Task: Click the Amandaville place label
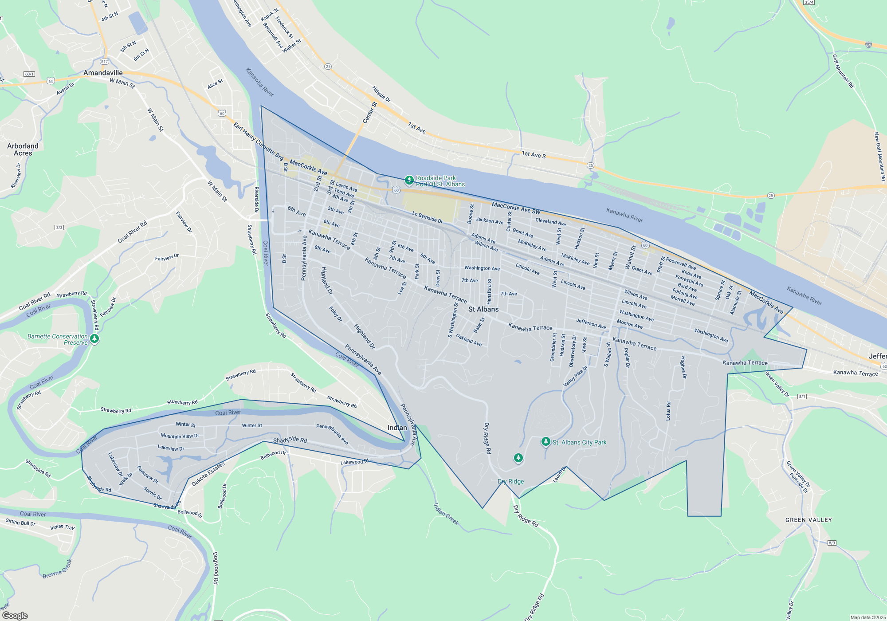[x=103, y=73]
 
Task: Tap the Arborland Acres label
[x=23, y=149]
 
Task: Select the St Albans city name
[x=483, y=309]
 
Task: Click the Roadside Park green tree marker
[x=409, y=180]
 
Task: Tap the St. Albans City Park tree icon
[x=546, y=441]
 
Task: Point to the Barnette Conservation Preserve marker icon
[x=94, y=339]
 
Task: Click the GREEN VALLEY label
[x=809, y=520]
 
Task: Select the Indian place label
[x=397, y=428]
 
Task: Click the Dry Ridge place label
[x=510, y=481]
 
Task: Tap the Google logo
[x=15, y=616]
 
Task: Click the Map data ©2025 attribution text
[x=867, y=617]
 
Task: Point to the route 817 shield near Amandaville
[x=104, y=62]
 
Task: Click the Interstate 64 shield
[x=868, y=45]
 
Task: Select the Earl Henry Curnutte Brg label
[x=258, y=141]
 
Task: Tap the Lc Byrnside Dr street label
[x=428, y=217]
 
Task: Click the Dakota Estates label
[x=208, y=474]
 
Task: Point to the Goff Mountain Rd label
[x=843, y=71]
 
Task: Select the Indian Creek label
[x=446, y=514]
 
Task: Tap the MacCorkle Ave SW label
[x=516, y=208]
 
